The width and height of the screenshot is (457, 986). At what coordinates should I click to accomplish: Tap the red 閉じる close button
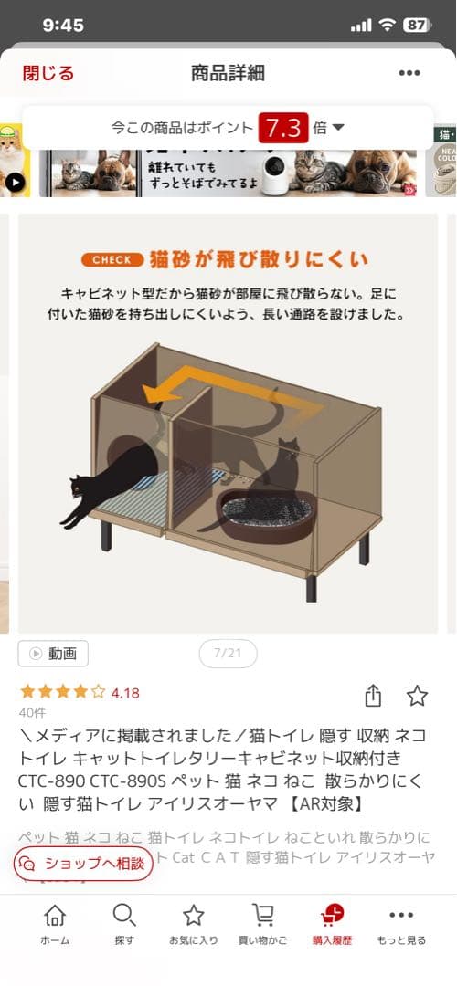(x=48, y=73)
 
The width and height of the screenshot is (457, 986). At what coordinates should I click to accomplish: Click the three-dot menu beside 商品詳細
(x=409, y=73)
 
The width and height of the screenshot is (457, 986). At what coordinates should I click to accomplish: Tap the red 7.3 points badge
(x=283, y=128)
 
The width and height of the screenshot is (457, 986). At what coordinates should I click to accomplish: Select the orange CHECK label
(x=112, y=259)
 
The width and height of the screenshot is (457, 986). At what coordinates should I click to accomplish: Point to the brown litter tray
(x=268, y=516)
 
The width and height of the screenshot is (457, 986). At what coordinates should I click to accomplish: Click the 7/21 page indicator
(x=228, y=654)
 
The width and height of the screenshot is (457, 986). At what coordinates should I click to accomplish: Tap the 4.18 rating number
(x=125, y=693)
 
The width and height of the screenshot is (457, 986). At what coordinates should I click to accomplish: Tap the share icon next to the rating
(x=372, y=696)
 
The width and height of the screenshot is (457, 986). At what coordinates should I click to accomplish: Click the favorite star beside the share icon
(x=417, y=696)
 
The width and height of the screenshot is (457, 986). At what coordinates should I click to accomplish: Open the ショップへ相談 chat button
(x=83, y=863)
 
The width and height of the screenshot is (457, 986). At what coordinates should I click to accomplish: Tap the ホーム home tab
(x=55, y=924)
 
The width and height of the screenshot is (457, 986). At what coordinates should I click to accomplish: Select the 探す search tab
(x=124, y=924)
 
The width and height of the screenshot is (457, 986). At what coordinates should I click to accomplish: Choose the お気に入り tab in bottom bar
(x=193, y=924)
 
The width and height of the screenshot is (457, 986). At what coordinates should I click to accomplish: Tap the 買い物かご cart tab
(x=262, y=924)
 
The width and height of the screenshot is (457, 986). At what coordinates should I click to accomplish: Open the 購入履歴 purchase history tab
(x=332, y=924)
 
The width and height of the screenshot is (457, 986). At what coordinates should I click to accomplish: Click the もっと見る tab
(x=401, y=924)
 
